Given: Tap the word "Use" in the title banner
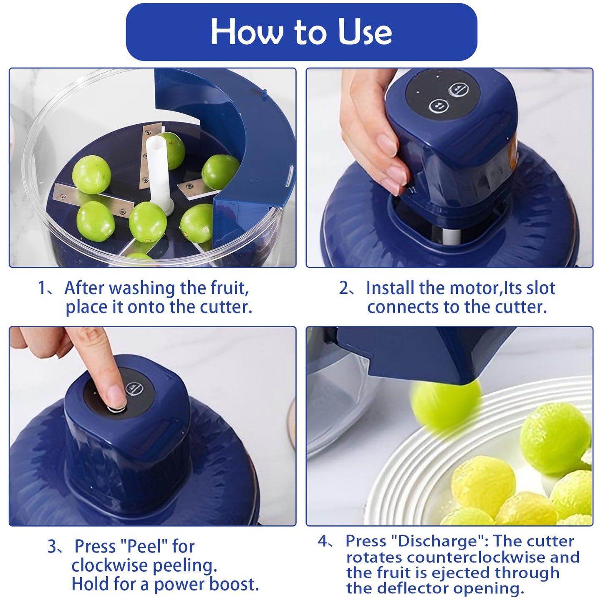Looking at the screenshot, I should (365, 32).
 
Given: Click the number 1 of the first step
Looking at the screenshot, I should (42, 288).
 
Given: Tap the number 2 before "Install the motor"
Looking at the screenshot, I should (343, 288).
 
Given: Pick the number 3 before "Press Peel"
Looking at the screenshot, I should (52, 547).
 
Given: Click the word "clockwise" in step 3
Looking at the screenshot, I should (110, 565).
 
